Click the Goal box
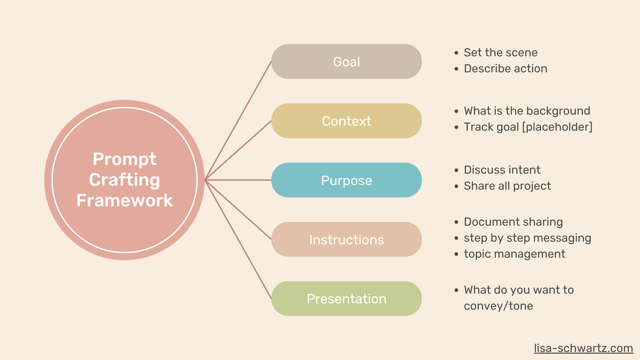pyautogui.click(x=347, y=62)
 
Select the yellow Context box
pyautogui.click(x=347, y=121)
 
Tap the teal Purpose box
pyautogui.click(x=347, y=180)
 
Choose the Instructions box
pyautogui.click(x=347, y=239)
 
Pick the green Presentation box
pyautogui.click(x=347, y=299)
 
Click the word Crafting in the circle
pyautogui.click(x=125, y=180)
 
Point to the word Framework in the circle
pyautogui.click(x=125, y=200)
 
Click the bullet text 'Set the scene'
pyautogui.click(x=501, y=52)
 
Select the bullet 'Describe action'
pyautogui.click(x=506, y=68)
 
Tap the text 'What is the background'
pyautogui.click(x=527, y=111)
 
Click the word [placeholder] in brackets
pyautogui.click(x=557, y=127)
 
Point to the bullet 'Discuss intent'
pyautogui.click(x=502, y=170)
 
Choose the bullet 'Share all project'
pyautogui.click(x=507, y=186)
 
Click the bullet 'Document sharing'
pyautogui.click(x=513, y=222)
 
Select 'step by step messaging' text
pyautogui.click(x=527, y=238)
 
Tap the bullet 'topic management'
pyautogui.click(x=515, y=254)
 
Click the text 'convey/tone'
pyautogui.click(x=498, y=306)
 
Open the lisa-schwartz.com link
pyautogui.click(x=583, y=348)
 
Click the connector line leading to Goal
pyautogui.click(x=238, y=121)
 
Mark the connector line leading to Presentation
pyautogui.click(x=238, y=239)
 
